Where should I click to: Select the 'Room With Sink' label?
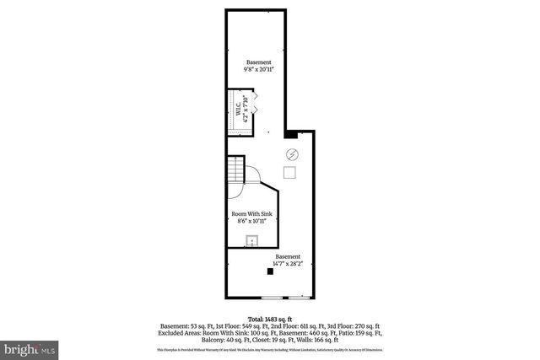pyautogui.click(x=251, y=214)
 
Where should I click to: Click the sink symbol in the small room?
pyautogui.click(x=251, y=242)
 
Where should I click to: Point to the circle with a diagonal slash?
pyautogui.click(x=292, y=154)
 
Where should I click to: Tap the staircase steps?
pyautogui.click(x=236, y=173)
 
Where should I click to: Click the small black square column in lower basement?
pyautogui.click(x=270, y=271)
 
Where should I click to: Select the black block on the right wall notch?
pyautogui.click(x=290, y=133)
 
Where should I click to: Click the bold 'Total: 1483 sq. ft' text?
pyautogui.click(x=270, y=318)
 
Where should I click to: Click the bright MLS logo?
pyautogui.click(x=30, y=347)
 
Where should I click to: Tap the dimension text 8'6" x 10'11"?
pyautogui.click(x=251, y=222)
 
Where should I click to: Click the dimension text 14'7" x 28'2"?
pyautogui.click(x=286, y=265)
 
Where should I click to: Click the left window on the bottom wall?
pyautogui.click(x=272, y=298)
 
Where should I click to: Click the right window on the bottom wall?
pyautogui.click(x=300, y=298)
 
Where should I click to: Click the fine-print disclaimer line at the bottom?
pyautogui.click(x=270, y=349)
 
